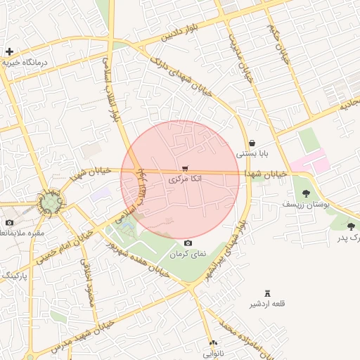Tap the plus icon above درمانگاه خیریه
pos(9,51)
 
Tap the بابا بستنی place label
pos(252,153)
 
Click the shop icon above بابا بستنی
pos(252,143)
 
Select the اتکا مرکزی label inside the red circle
pos(185,180)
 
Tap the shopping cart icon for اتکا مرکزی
pos(185,169)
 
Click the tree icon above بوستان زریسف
pos(306,193)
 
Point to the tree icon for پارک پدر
pos(351,226)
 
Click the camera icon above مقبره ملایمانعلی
pos(9,223)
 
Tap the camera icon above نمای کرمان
pos(188,243)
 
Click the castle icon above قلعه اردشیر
pos(267,293)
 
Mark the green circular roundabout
pos(51,204)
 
